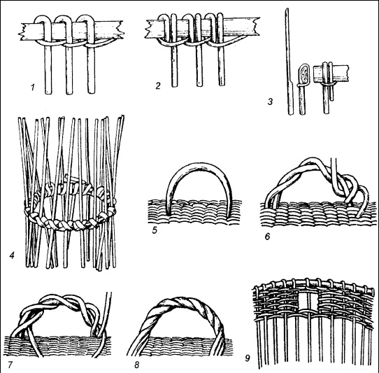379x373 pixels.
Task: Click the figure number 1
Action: [33, 87]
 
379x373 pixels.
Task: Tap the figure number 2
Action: [158, 85]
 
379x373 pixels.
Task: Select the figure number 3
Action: [270, 101]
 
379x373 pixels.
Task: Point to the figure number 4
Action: [12, 255]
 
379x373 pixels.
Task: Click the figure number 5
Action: [155, 230]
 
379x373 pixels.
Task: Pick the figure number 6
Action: [267, 237]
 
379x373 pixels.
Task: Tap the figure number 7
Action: [10, 365]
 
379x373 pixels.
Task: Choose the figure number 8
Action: [137, 365]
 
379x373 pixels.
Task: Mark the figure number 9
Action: [248, 358]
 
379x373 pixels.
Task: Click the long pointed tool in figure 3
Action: [289, 62]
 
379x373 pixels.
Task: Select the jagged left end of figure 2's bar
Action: [148, 29]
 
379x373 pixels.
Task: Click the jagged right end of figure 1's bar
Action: [120, 29]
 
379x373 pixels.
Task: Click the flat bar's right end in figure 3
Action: [348, 73]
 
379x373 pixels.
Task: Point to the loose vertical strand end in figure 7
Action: [108, 312]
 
